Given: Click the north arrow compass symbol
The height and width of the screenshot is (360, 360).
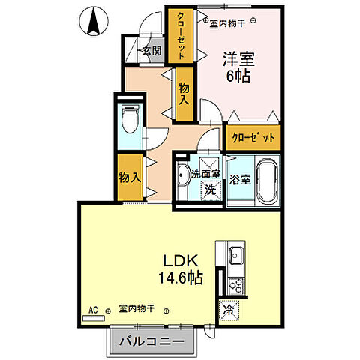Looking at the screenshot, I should point(94,21).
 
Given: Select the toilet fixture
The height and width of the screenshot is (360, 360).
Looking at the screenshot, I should point(127,118).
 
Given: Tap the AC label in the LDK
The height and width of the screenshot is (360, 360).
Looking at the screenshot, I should point(94,308).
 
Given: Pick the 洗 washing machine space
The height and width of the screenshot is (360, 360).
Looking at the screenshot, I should point(211,190).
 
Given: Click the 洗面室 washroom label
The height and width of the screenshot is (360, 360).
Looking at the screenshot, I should point(204,174).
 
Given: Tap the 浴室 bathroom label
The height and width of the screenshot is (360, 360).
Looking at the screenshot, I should point(239,180).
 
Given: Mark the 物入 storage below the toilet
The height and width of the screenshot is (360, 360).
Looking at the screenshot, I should point(129,177).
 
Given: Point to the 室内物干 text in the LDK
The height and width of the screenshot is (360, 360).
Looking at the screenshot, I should point(136,308).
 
